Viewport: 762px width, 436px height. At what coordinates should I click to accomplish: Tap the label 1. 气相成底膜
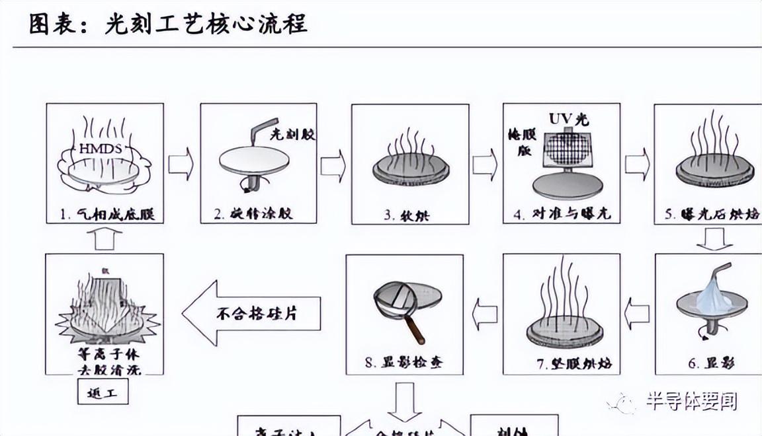point(103,215)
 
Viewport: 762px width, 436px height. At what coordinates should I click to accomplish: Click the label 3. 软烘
point(408,215)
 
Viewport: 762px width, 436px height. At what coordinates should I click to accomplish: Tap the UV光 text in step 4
point(568,120)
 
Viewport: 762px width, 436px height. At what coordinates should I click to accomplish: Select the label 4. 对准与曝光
point(562,215)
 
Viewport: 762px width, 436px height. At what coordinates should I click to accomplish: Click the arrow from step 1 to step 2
point(181,164)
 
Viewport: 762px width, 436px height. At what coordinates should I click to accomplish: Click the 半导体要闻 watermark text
point(691,401)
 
